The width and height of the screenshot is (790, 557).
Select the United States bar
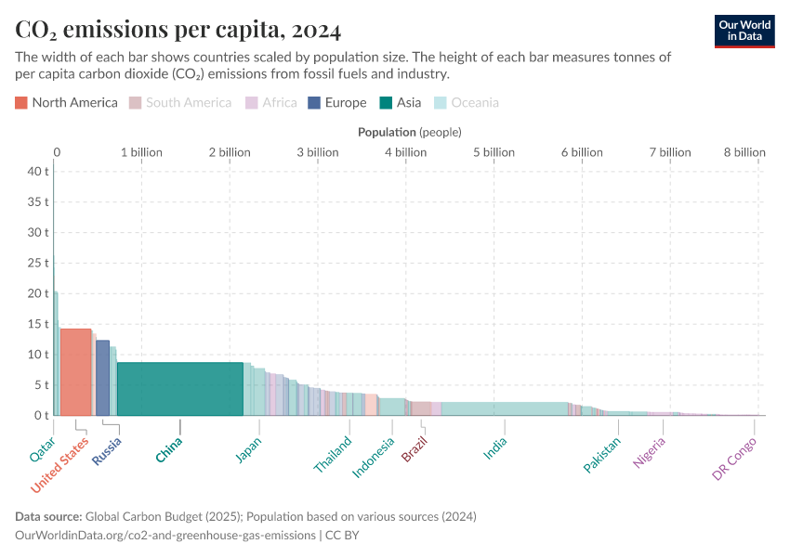[x=75, y=371]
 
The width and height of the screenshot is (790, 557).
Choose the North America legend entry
[x=67, y=103]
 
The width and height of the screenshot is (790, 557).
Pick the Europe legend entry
[x=337, y=103]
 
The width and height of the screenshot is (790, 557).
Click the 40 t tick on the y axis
[x=37, y=171]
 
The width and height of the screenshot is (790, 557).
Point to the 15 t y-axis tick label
[x=37, y=324]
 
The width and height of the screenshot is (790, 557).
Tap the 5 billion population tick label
[x=494, y=152]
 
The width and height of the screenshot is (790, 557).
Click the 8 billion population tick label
[x=745, y=152]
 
